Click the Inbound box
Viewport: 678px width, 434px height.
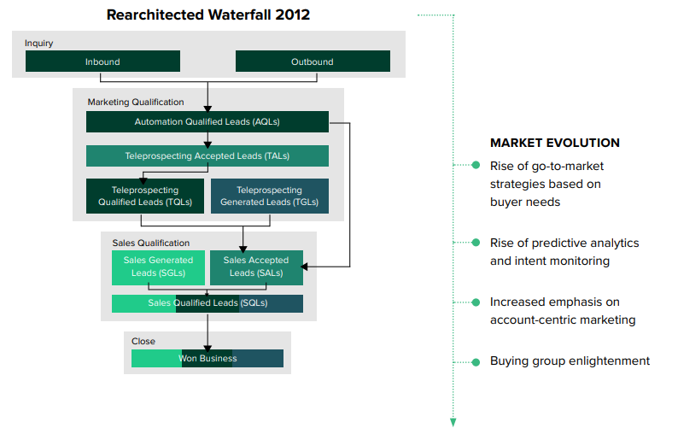(x=102, y=62)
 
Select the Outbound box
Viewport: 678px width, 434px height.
(x=313, y=62)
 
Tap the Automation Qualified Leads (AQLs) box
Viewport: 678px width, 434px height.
(x=207, y=122)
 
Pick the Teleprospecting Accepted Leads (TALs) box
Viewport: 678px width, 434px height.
(x=207, y=155)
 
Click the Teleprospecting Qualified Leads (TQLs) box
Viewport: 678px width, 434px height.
(x=145, y=196)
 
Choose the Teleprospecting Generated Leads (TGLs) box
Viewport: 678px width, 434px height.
(x=269, y=196)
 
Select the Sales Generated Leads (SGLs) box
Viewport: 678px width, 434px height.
(x=158, y=267)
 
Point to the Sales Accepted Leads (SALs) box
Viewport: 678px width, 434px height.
(x=256, y=267)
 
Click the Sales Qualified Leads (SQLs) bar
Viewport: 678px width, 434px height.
(x=207, y=303)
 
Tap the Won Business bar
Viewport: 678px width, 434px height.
(x=207, y=358)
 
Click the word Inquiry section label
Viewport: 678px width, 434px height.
(x=39, y=44)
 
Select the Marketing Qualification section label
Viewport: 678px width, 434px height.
(x=136, y=103)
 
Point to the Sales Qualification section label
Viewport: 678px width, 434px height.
(x=151, y=243)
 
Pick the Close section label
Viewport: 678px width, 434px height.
(x=143, y=341)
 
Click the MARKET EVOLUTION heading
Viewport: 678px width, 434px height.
(x=555, y=143)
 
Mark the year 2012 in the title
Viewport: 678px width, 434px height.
(x=290, y=15)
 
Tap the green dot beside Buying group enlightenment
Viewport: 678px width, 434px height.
(x=476, y=361)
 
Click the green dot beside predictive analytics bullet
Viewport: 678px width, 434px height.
(x=476, y=243)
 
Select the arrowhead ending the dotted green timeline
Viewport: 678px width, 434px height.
(x=453, y=422)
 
